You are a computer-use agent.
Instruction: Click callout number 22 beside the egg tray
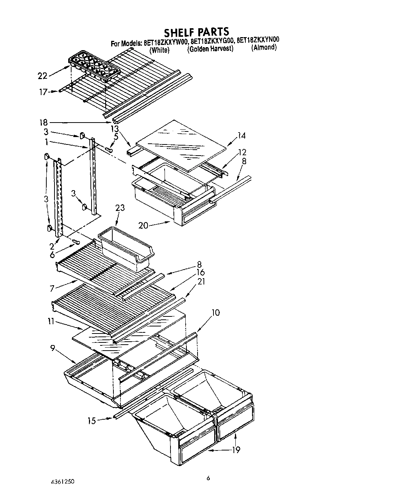(x=43, y=76)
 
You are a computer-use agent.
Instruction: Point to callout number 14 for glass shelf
(x=241, y=136)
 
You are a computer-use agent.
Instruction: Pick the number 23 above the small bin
(x=120, y=208)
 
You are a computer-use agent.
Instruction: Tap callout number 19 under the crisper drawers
(x=236, y=450)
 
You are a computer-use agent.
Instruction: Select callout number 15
(x=92, y=421)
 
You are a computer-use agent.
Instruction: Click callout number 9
(x=53, y=348)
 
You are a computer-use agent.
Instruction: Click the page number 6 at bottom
(x=208, y=478)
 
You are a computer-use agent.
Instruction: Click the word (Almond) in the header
(x=264, y=48)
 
